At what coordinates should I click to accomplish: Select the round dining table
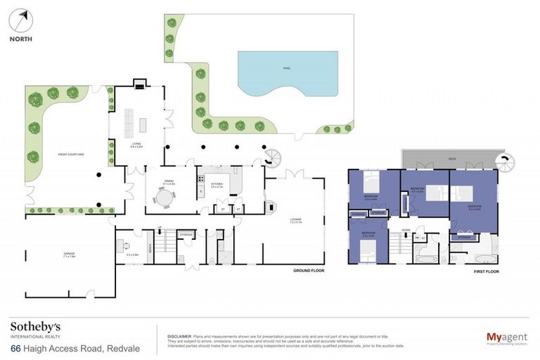(x=163, y=200)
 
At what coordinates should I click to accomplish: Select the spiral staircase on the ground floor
(x=271, y=157)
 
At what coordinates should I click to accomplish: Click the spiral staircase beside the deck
(x=504, y=162)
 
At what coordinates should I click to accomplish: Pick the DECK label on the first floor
(x=452, y=159)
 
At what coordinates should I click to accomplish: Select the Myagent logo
(x=506, y=338)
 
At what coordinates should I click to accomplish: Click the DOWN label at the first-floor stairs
(x=406, y=230)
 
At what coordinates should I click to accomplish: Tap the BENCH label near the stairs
(x=150, y=247)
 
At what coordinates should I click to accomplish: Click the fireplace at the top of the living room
(x=139, y=86)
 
